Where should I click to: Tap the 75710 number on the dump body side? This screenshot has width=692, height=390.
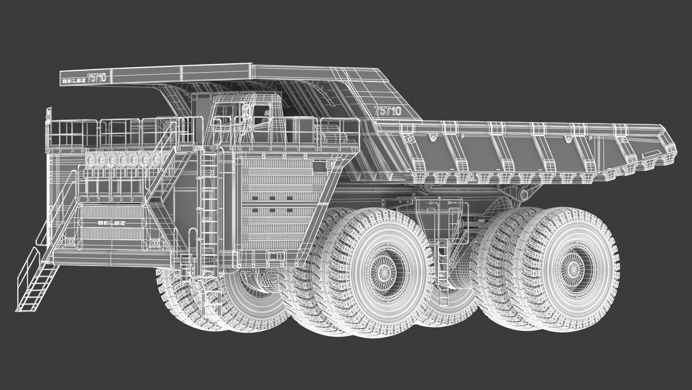[387, 111]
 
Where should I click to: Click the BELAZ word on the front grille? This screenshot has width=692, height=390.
[111, 223]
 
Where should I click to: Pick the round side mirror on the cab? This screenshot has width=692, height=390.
[248, 112]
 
